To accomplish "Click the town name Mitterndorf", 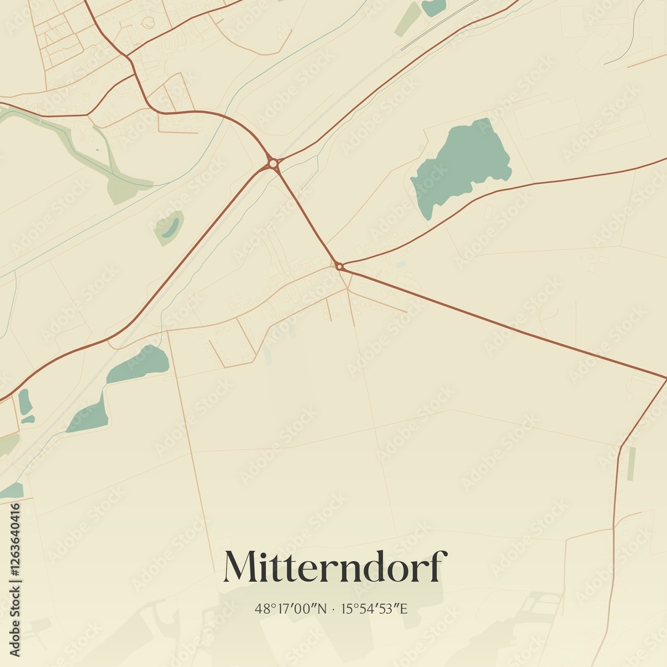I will click(x=334, y=567).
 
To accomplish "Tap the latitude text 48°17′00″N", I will click(x=291, y=608).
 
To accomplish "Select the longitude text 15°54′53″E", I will click(x=374, y=608).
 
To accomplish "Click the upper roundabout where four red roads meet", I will click(x=272, y=163).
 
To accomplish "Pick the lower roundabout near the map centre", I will click(x=339, y=266).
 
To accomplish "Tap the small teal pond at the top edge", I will click(x=434, y=7).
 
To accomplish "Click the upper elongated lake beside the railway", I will click(x=140, y=364).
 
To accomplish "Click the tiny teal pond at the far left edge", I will click(x=25, y=402).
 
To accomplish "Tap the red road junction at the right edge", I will click(x=664, y=378).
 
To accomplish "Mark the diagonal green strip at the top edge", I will click(x=408, y=20).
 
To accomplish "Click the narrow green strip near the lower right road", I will click(x=631, y=464).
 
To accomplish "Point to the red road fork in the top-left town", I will click(x=130, y=56).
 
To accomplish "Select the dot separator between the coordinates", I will click(x=333, y=608).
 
